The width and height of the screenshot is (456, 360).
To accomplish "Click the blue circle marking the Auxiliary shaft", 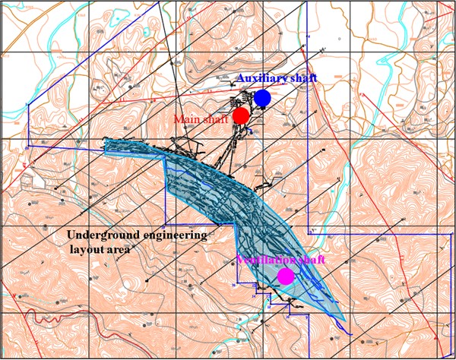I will (x=263, y=98).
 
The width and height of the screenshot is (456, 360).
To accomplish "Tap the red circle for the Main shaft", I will (x=241, y=115).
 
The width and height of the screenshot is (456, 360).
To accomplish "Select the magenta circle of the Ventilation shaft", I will (x=286, y=276).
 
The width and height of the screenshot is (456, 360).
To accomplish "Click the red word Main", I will (x=185, y=119).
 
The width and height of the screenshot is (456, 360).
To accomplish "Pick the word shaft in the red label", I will (x=213, y=119).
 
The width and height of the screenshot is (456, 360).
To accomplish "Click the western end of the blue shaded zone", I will (x=106, y=145).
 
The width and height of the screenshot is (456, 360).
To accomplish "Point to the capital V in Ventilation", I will (x=240, y=261).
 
